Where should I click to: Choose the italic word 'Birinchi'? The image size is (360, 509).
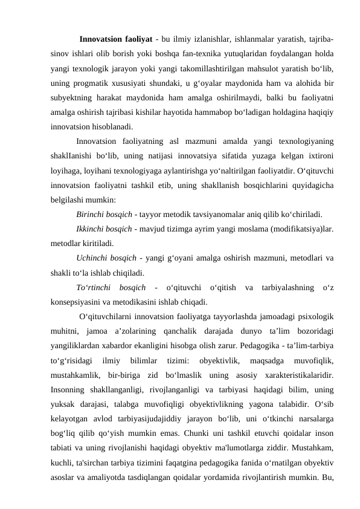tap(91, 214)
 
